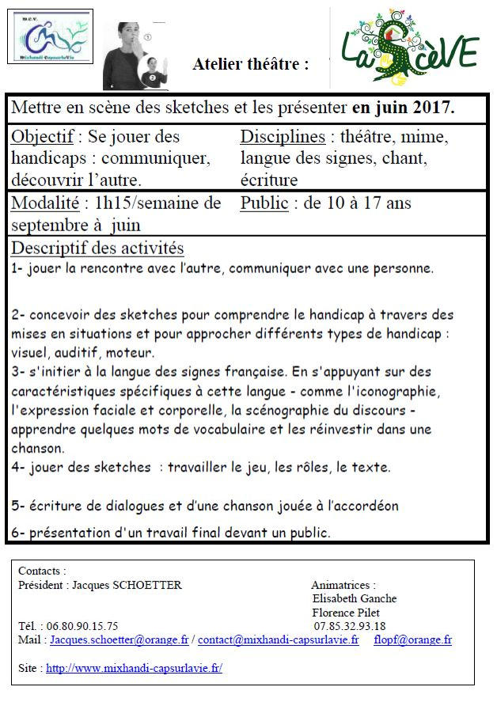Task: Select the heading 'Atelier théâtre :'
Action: (250, 65)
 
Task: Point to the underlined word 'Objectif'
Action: (43, 137)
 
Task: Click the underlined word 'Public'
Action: (264, 203)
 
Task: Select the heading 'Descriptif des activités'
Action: (97, 249)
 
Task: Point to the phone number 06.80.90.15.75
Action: (83, 626)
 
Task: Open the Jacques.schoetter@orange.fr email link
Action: (120, 639)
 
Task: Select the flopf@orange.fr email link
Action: (412, 639)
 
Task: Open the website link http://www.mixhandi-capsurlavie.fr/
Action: (134, 668)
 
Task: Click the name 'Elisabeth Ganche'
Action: (355, 598)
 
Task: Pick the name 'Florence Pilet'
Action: (346, 613)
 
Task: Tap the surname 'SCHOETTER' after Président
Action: (147, 585)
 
